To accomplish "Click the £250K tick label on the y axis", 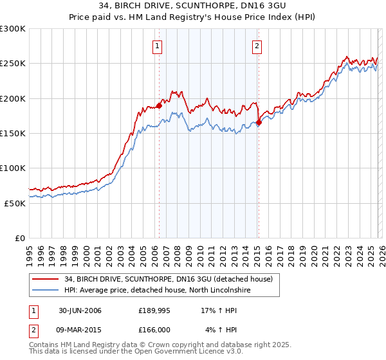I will (x=13, y=64).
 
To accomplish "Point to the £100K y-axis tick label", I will (x=13, y=168).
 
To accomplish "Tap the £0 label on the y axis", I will (x=19, y=238).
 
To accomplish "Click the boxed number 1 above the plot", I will (x=158, y=46).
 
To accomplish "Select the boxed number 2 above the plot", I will (x=257, y=46).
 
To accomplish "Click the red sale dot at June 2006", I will (x=159, y=105).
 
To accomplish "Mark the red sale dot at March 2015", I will (x=258, y=122).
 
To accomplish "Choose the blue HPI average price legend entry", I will (x=157, y=291).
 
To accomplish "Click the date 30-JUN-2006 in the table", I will (x=80, y=310).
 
